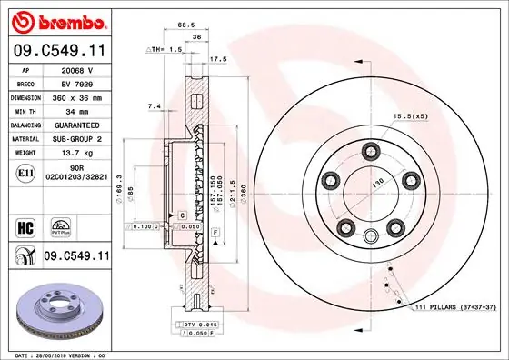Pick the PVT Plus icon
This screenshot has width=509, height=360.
(64, 224)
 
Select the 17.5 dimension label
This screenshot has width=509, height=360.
(218, 60)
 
